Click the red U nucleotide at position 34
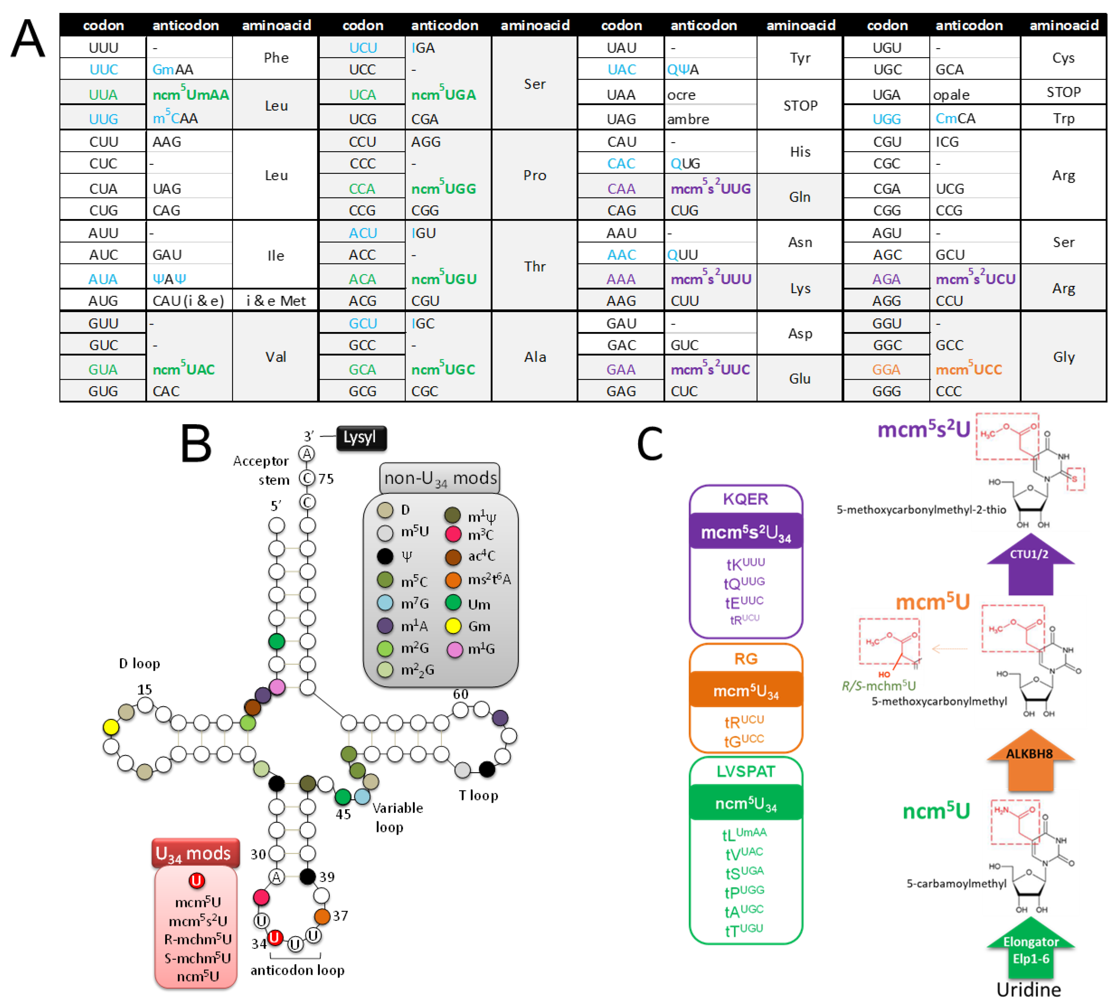click(x=275, y=938)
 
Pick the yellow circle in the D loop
click(x=111, y=727)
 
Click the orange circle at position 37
click(x=322, y=916)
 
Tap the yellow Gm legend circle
click(x=453, y=626)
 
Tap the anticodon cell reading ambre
click(x=709, y=119)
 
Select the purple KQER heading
click(x=745, y=499)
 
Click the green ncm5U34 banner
click(x=745, y=804)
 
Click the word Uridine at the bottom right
click(x=1029, y=989)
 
